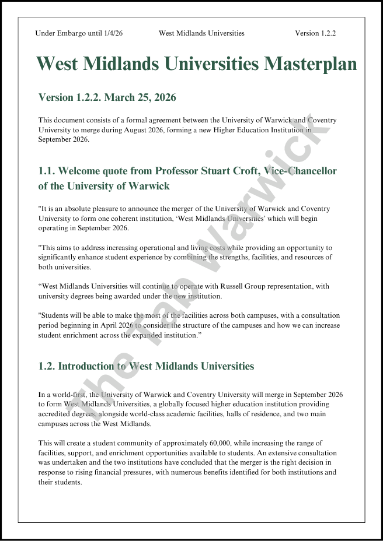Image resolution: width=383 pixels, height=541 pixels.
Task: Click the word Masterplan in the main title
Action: (x=310, y=64)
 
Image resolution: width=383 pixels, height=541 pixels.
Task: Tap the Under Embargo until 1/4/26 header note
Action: (x=79, y=33)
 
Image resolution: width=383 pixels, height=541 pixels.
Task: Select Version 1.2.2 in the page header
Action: (x=315, y=33)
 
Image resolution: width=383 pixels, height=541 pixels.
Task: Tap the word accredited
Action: (x=53, y=413)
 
